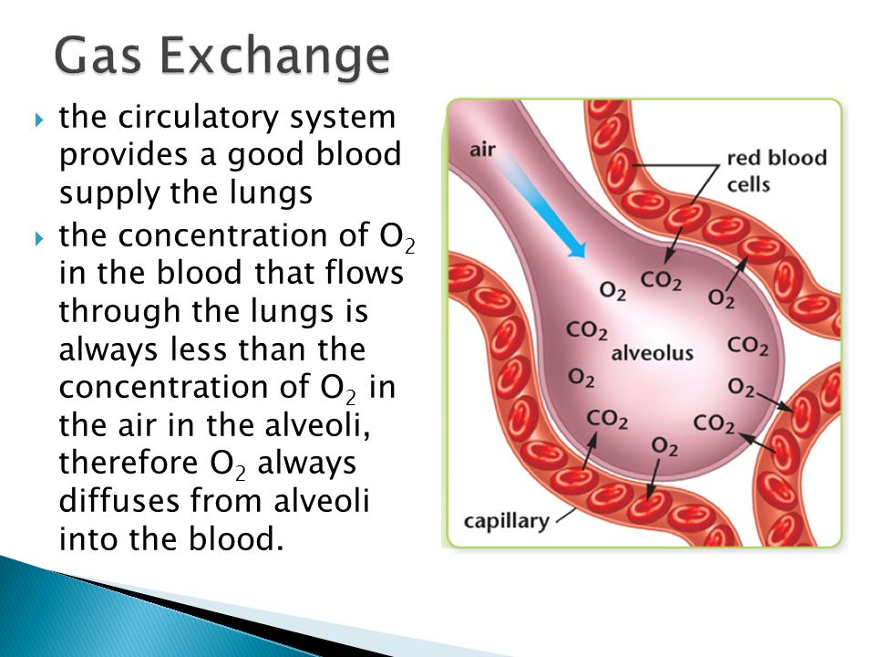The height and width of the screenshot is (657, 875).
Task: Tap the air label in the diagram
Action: click(482, 150)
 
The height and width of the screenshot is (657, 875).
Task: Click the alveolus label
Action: click(652, 353)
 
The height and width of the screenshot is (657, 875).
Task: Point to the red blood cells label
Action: click(777, 171)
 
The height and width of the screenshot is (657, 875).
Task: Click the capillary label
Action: click(507, 522)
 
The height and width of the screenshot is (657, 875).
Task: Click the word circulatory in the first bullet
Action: click(198, 119)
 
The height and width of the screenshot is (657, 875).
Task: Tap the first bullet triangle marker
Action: click(38, 119)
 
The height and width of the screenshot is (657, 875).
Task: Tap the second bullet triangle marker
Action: click(38, 238)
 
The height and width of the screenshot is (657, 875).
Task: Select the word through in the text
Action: click(119, 312)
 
